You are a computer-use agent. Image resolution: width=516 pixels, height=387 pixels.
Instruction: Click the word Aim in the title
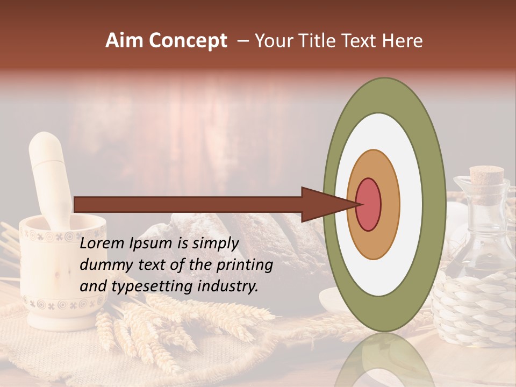click(x=125, y=41)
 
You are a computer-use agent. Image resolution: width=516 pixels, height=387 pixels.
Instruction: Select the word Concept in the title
click(x=188, y=41)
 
